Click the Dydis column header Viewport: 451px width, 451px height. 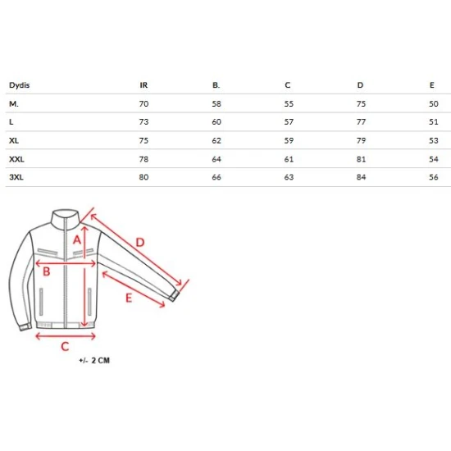tap(20, 85)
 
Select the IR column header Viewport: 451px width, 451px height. tap(143, 85)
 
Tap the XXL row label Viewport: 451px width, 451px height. tap(16, 159)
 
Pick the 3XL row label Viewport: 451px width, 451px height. tap(16, 177)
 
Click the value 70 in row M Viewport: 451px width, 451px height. tap(143, 104)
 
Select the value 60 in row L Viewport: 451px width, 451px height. tap(216, 122)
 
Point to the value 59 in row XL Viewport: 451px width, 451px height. tap(289, 141)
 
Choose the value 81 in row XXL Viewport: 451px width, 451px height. tap(361, 159)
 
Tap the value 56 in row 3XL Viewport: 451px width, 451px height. tap(434, 177)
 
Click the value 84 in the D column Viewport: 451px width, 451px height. tap(361, 177)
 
